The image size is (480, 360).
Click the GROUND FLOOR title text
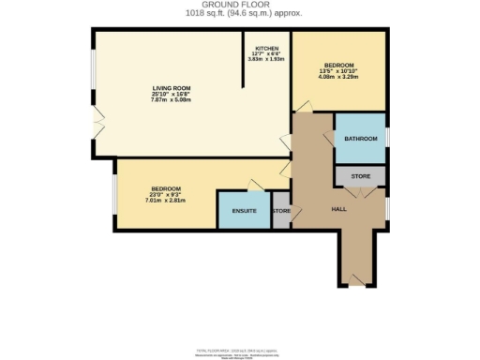tap(240, 5)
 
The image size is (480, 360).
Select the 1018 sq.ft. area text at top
tap(240, 14)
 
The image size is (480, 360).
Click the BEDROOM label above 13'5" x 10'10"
tap(338, 65)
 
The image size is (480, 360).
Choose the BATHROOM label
tap(360, 139)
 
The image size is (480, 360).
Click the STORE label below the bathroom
tap(361, 176)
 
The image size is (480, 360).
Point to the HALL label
tap(340, 209)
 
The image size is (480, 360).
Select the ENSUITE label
tap(244, 211)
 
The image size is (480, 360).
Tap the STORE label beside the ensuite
tap(281, 211)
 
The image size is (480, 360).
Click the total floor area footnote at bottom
tap(240, 352)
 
